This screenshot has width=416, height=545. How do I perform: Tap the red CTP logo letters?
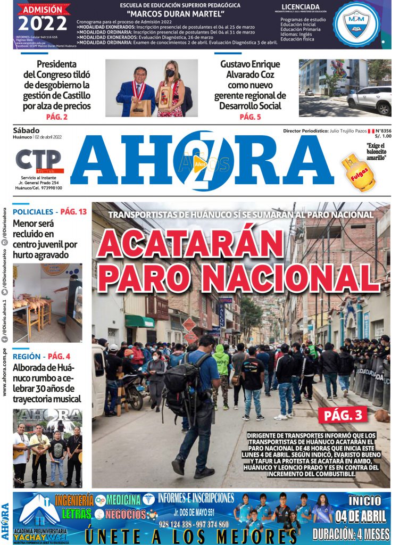pos(38,160)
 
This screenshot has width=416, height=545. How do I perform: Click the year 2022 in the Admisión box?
pos(43,23)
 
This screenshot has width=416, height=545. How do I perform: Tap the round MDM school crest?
pos(356,24)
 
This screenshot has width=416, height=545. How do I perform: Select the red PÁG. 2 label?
pos(56,117)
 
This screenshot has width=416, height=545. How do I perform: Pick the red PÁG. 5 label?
pos(250,117)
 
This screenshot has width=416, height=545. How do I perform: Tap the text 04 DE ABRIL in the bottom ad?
pos(364,516)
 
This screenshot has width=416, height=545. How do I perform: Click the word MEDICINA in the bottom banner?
pos(123,500)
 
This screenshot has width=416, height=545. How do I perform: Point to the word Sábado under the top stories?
pos(26,130)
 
